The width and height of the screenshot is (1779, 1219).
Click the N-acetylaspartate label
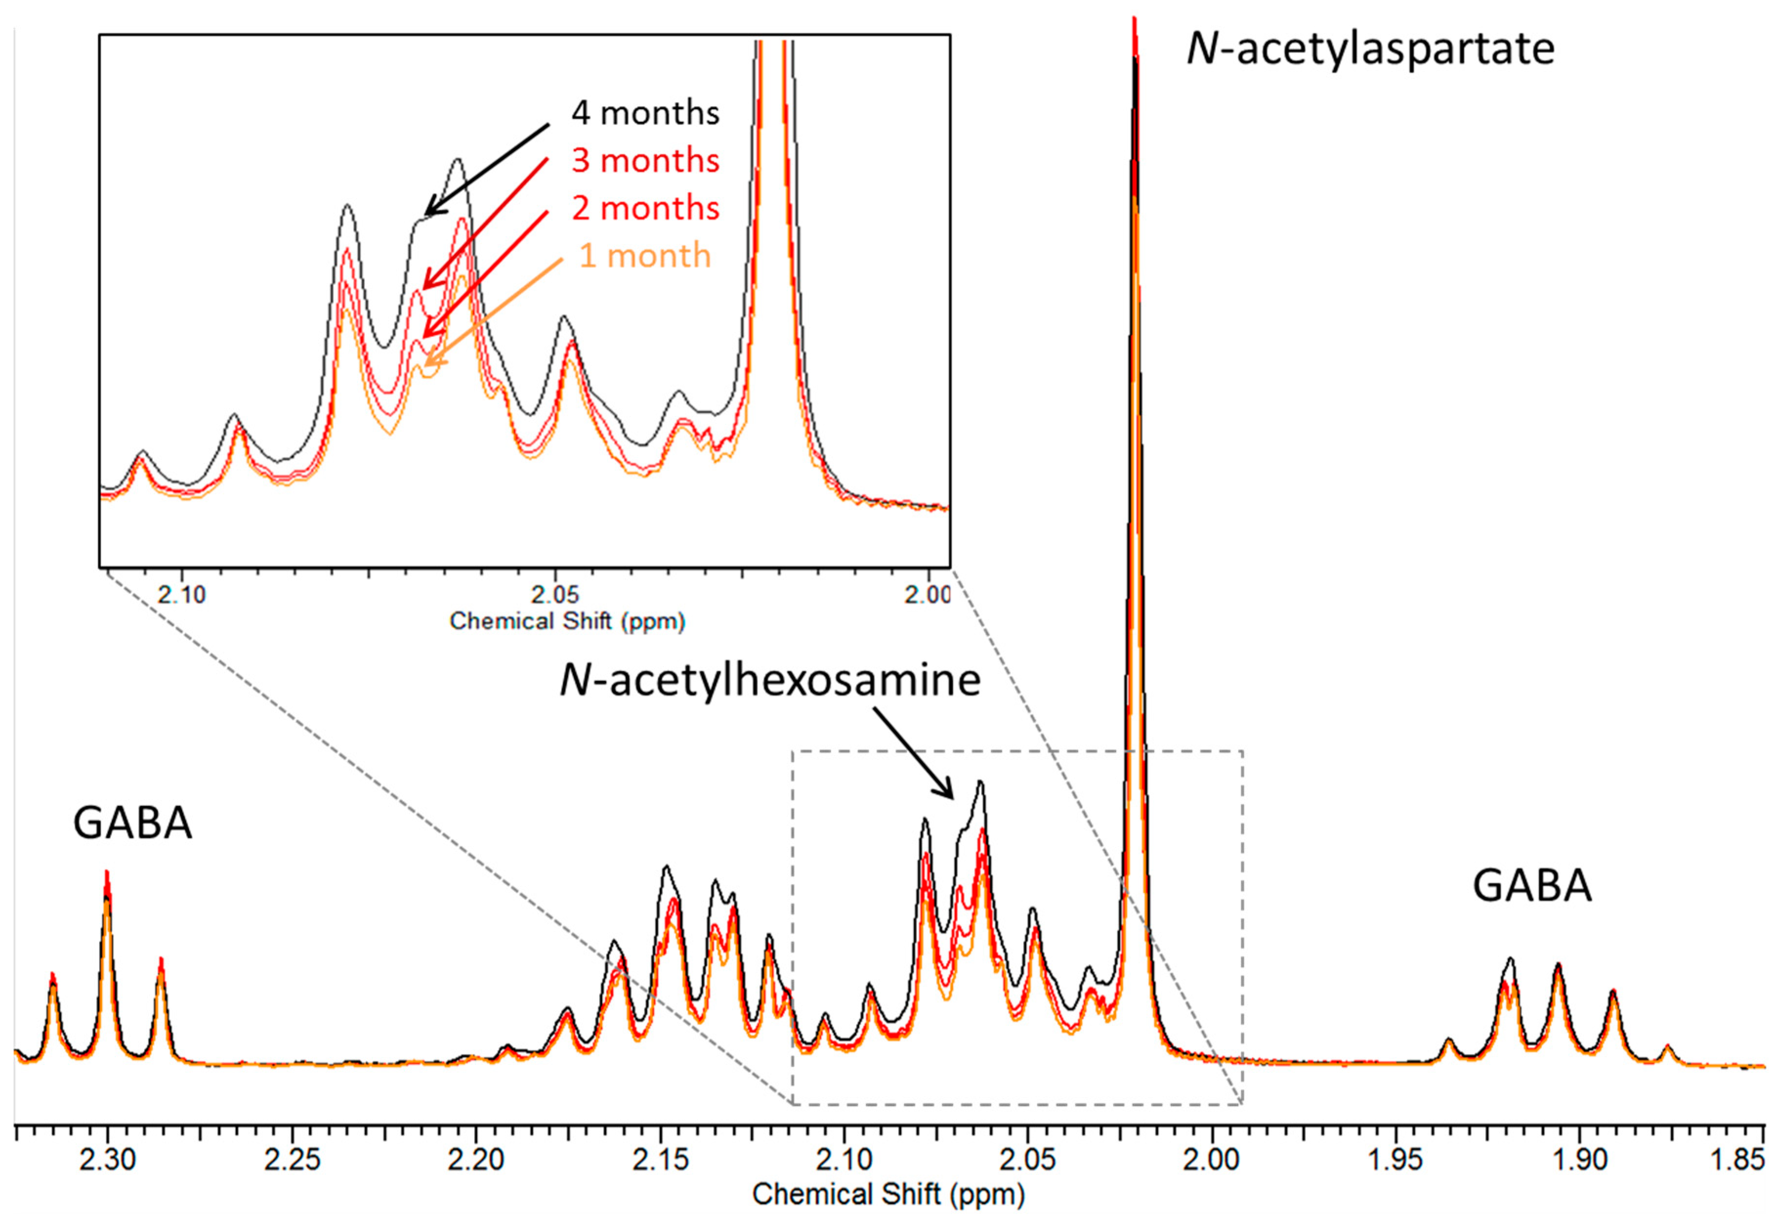coord(1370,50)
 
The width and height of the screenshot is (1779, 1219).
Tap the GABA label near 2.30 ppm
coord(132,824)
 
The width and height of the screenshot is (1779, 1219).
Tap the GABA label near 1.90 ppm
coord(1532,886)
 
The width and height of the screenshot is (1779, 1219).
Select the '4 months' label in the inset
coord(645,113)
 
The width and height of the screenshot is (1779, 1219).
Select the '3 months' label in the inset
coord(645,161)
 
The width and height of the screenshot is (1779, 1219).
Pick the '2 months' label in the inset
coord(645,208)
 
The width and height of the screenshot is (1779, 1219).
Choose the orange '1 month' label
coord(645,256)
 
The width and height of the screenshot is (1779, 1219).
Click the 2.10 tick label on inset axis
coord(182,595)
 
